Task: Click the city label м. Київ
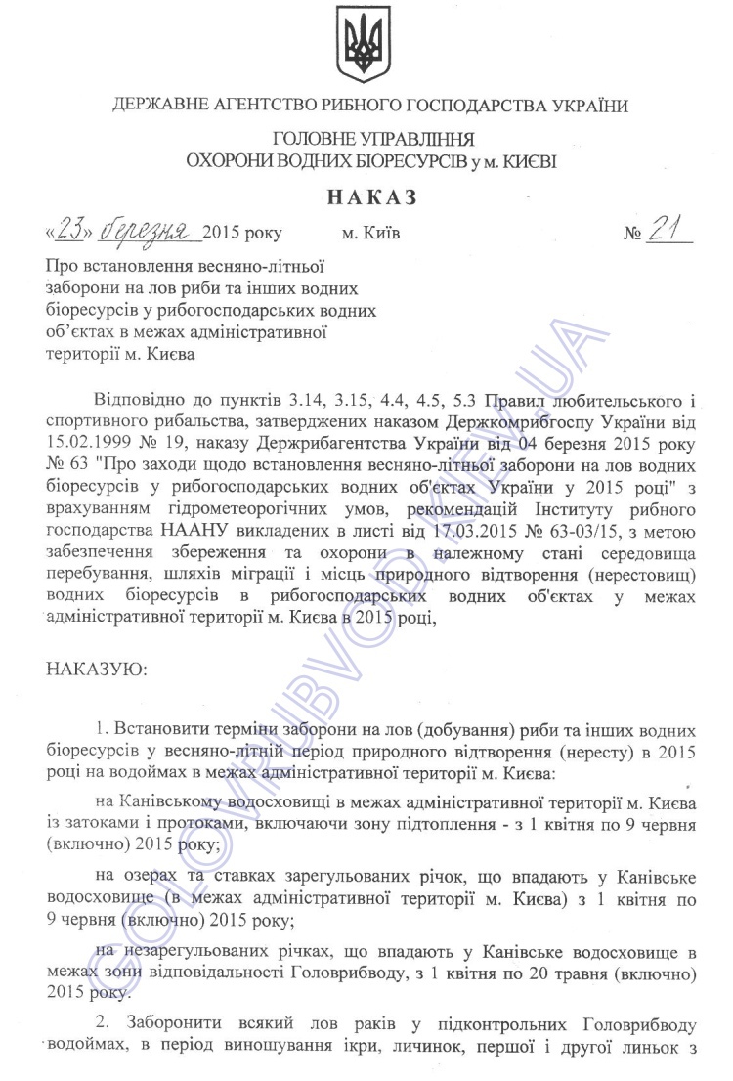(x=370, y=235)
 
